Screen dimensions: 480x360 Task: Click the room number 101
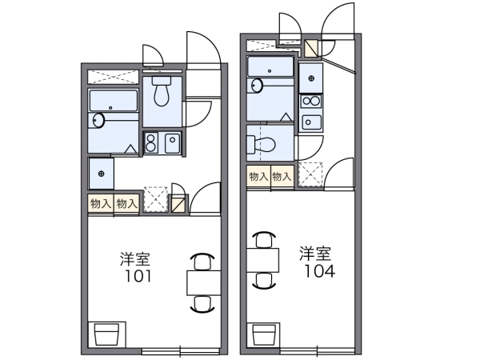click(x=138, y=277)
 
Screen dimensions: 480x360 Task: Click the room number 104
click(x=319, y=271)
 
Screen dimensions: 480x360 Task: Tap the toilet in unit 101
click(x=162, y=91)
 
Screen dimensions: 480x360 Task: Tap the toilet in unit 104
click(x=261, y=143)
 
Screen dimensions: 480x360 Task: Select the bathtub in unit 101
click(x=113, y=101)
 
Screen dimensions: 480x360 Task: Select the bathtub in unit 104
click(x=270, y=66)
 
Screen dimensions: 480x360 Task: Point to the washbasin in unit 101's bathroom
click(x=98, y=120)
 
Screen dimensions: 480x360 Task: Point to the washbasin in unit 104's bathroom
click(x=257, y=85)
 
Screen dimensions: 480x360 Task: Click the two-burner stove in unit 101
click(x=150, y=143)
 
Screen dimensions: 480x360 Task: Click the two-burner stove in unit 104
click(x=310, y=101)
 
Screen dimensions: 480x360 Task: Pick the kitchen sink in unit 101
click(x=172, y=143)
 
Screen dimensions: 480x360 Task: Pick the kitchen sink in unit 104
click(x=311, y=122)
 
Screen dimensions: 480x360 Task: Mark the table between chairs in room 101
click(x=203, y=283)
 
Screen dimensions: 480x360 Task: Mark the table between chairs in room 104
click(x=263, y=260)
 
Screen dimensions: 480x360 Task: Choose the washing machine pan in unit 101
click(x=102, y=174)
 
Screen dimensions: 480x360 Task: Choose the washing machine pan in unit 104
click(x=310, y=78)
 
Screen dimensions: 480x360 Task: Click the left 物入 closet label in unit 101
click(x=101, y=203)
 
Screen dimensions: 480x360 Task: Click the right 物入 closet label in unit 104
click(x=281, y=177)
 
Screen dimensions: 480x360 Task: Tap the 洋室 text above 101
click(x=135, y=259)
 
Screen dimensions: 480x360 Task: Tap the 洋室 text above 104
click(x=315, y=253)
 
